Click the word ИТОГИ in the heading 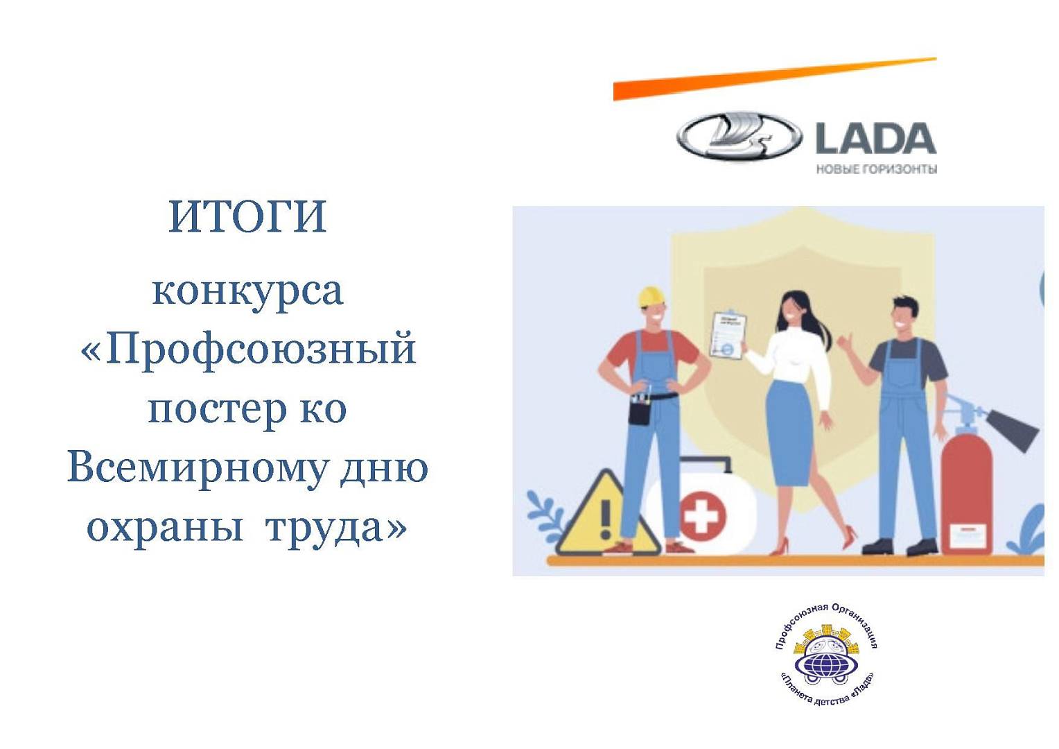(x=247, y=216)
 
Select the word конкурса (x=247, y=292)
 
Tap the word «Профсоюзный (x=248, y=349)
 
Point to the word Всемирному (x=197, y=467)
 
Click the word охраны (x=165, y=526)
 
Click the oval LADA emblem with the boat (x=739, y=137)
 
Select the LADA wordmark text (x=875, y=138)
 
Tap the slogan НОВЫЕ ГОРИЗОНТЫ (x=877, y=169)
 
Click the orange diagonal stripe (x=775, y=79)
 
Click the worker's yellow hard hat (x=651, y=297)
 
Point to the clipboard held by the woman (x=728, y=334)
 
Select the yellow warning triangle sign (x=606, y=514)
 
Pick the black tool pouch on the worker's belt (x=639, y=411)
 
